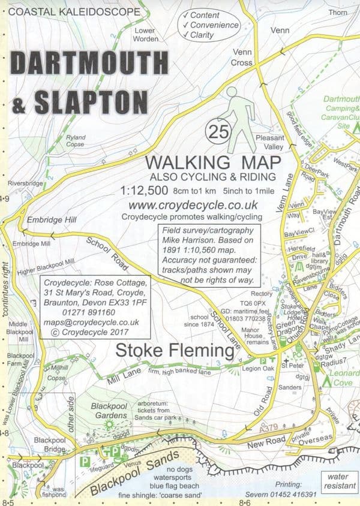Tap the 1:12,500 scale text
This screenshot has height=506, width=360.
(143, 192)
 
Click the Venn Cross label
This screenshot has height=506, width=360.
(242, 57)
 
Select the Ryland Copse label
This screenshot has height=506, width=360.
(76, 141)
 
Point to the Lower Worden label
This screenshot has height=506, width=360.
(145, 34)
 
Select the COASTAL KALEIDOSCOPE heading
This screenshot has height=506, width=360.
(60, 11)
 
